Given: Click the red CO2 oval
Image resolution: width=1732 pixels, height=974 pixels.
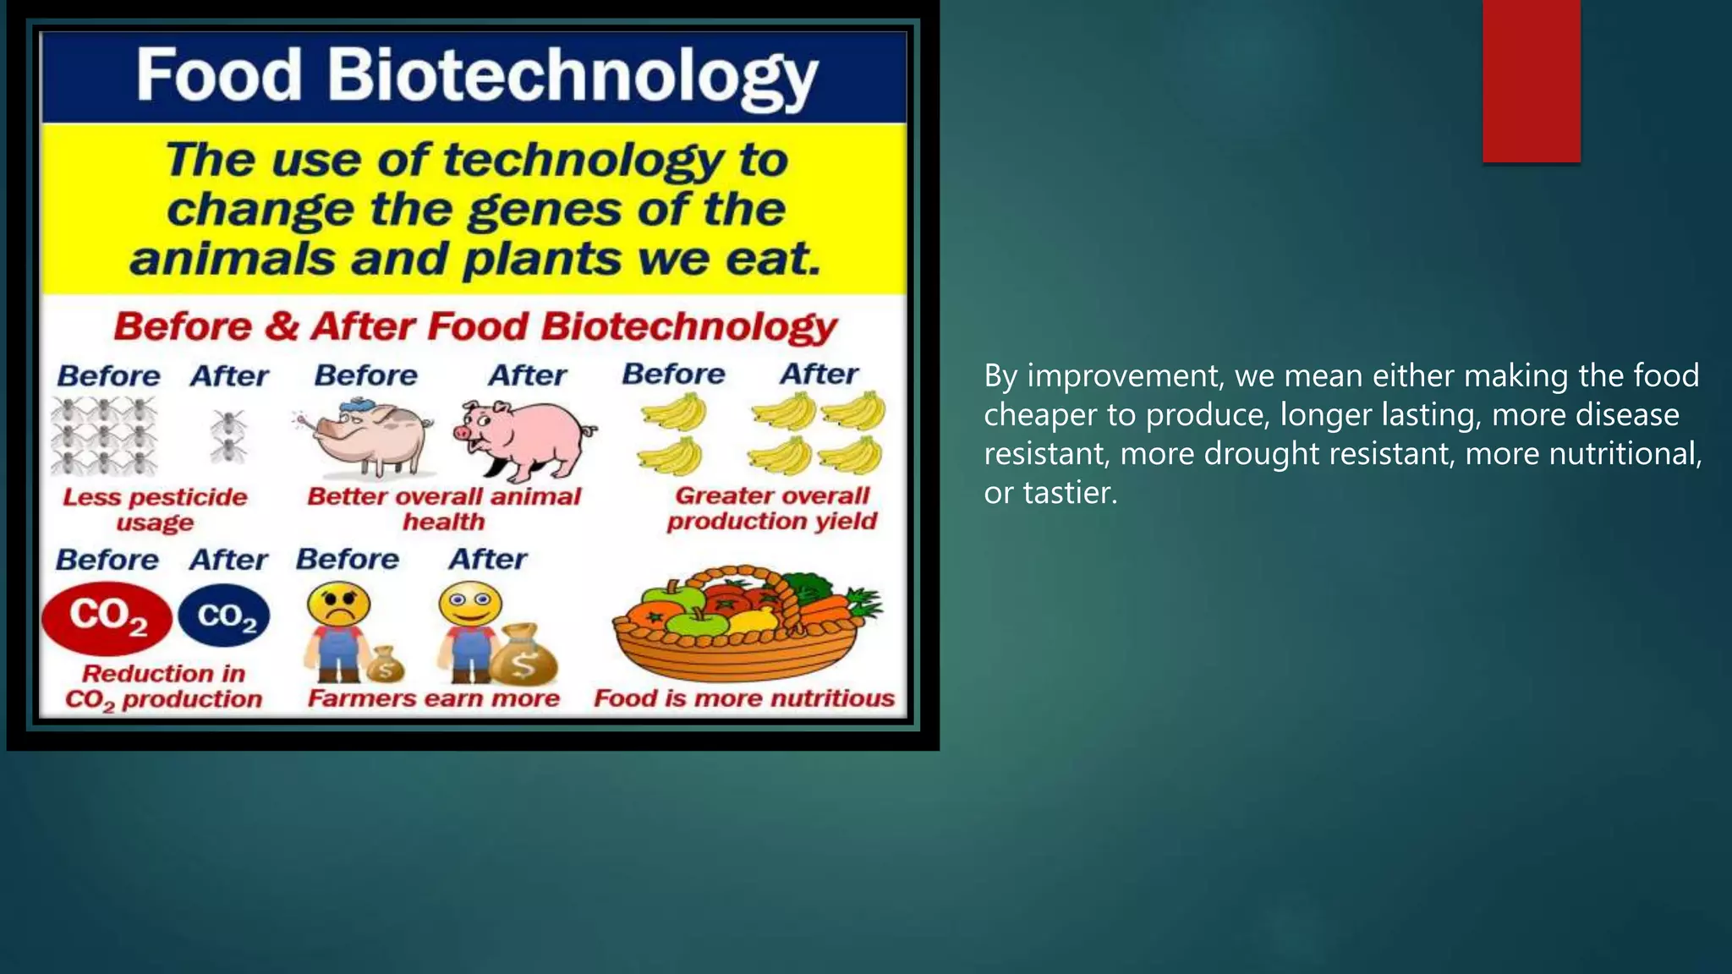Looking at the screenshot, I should pyautogui.click(x=107, y=618).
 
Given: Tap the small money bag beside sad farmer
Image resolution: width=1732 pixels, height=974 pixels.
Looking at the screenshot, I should pyautogui.click(x=386, y=664).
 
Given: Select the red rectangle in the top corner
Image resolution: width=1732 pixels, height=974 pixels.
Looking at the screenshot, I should pyautogui.click(x=1531, y=80).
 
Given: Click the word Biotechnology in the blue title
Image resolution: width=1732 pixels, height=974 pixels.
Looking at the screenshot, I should pyautogui.click(x=573, y=76).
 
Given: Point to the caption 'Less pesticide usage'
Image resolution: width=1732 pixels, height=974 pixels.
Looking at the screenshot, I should pyautogui.click(x=155, y=509).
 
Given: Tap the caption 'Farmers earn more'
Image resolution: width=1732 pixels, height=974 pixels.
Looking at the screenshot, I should pyautogui.click(x=434, y=698).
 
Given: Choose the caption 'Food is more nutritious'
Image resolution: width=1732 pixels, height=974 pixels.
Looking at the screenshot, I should pyautogui.click(x=744, y=698).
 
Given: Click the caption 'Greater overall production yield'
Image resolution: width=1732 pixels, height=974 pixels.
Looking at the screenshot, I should pyautogui.click(x=772, y=508).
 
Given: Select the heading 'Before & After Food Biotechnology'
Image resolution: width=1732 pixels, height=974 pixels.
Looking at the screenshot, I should pyautogui.click(x=475, y=326).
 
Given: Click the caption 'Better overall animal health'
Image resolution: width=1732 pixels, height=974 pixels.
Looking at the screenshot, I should pyautogui.click(x=444, y=508).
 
